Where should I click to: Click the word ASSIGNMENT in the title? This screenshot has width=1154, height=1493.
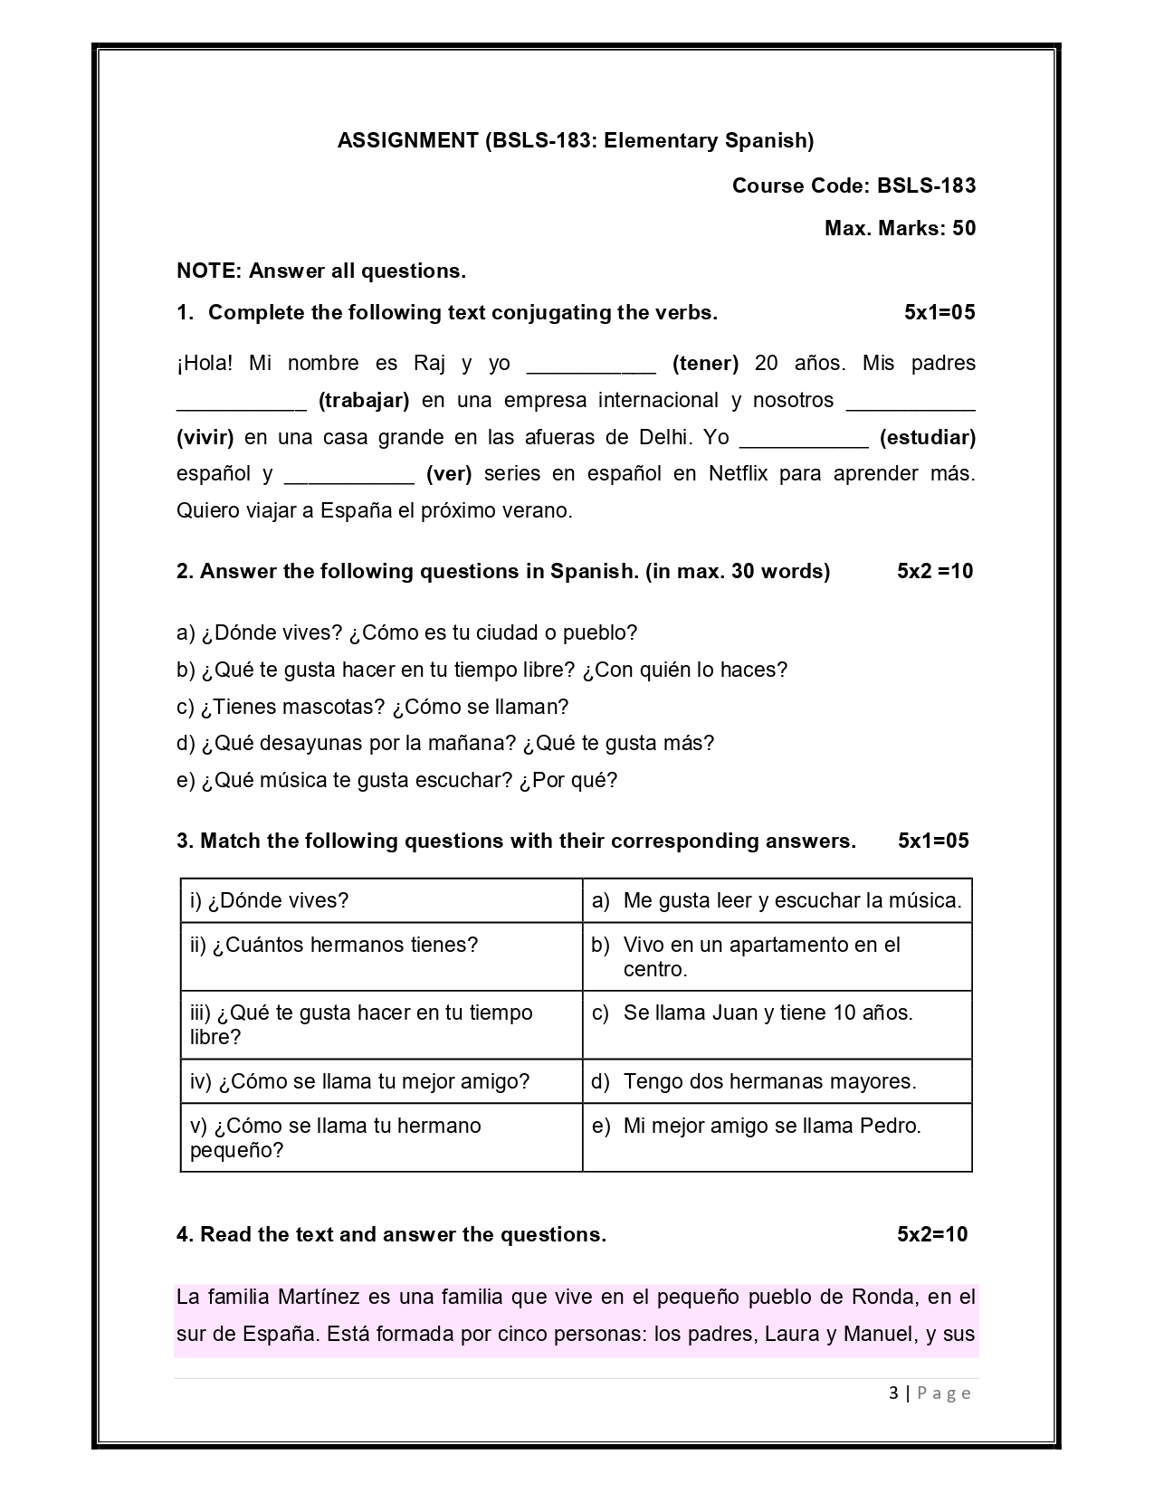click(407, 140)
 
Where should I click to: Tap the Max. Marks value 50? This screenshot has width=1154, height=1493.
click(964, 228)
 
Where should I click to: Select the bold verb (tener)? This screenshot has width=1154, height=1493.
click(705, 363)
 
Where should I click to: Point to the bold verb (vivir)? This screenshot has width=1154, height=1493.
click(205, 437)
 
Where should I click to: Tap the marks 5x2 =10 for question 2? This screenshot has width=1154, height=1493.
click(935, 571)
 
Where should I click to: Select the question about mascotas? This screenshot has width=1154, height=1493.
click(372, 707)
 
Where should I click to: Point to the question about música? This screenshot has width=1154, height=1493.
click(396, 780)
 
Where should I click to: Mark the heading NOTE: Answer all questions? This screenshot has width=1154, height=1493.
click(321, 271)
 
